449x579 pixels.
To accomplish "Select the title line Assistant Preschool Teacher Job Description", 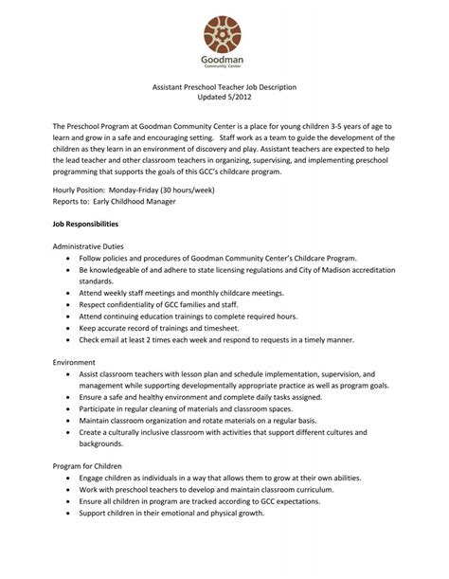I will coord(225,87).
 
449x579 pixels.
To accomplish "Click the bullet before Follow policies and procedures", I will coord(69,258).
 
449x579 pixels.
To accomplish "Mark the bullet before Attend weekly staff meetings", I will coord(69,293).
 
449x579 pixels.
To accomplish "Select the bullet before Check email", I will coord(69,338).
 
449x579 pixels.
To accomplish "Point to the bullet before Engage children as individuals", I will coord(69,479).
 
